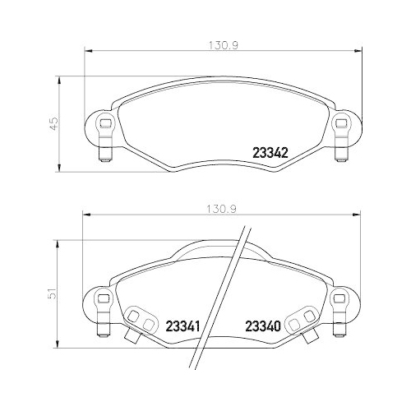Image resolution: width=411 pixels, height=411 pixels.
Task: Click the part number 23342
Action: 269,151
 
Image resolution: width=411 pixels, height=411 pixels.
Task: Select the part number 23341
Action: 183,326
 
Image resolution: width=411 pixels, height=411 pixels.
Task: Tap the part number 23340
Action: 263,326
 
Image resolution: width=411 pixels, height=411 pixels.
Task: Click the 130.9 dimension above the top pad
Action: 217,45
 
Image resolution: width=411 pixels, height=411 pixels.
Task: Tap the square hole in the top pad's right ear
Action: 339,123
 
